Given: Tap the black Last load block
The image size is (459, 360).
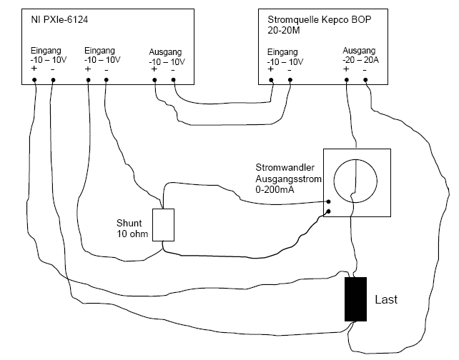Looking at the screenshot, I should click(x=355, y=299).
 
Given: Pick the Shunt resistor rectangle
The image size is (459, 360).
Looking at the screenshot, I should click(x=164, y=225).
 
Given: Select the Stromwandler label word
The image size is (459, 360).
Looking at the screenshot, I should click(x=280, y=166).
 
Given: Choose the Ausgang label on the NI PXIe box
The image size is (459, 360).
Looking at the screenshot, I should click(x=165, y=53).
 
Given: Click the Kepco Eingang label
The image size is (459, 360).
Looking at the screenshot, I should click(x=283, y=53).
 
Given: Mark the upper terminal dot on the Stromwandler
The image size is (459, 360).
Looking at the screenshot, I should click(x=327, y=201).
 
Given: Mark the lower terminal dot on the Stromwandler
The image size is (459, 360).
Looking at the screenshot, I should click(x=327, y=211).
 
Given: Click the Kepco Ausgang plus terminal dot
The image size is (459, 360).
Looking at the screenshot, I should click(x=347, y=79).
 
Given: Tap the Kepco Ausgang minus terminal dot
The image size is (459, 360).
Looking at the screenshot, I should click(x=365, y=79).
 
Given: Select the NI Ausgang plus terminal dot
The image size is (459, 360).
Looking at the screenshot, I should click(x=155, y=79).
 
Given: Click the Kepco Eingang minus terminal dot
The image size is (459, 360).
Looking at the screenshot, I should click(x=290, y=79).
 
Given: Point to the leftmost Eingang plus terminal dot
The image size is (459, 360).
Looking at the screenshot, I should click(x=35, y=79).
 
